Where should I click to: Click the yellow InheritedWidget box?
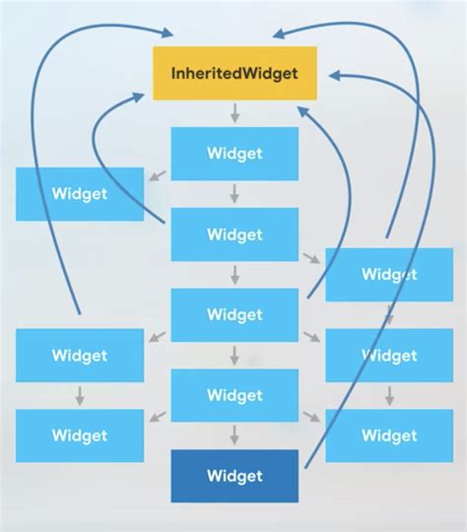(x=234, y=73)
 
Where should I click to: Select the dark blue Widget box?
(x=234, y=476)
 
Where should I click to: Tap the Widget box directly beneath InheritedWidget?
(x=234, y=154)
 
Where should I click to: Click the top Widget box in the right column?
(x=388, y=275)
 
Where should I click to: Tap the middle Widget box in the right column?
(x=388, y=356)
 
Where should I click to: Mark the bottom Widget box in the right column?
(x=388, y=435)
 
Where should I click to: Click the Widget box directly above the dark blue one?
(x=234, y=395)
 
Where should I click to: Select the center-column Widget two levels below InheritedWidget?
(x=234, y=234)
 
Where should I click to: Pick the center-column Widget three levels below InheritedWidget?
(x=234, y=315)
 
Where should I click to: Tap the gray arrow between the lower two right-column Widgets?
(x=388, y=396)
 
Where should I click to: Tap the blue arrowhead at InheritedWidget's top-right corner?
(x=281, y=33)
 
